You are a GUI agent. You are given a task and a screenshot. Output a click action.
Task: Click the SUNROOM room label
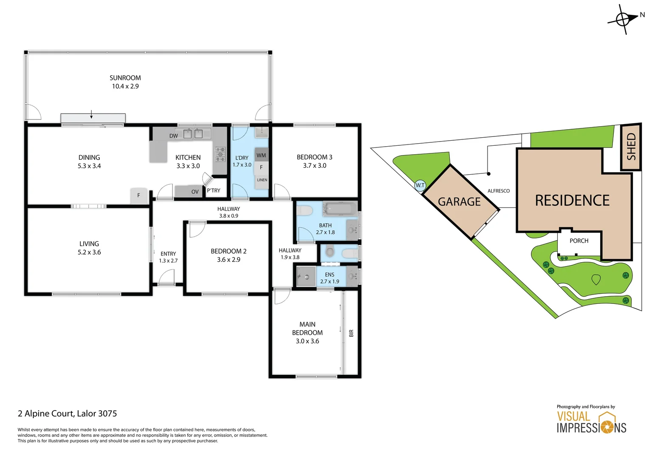coord(125,78)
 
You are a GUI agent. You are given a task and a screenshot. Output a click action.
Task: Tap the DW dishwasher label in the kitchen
coord(173,136)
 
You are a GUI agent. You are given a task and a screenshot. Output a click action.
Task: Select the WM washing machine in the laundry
coord(261,155)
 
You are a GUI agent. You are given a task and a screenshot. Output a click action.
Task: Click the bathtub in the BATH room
coord(340,209)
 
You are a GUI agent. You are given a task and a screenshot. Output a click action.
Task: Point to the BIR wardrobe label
coord(351,333)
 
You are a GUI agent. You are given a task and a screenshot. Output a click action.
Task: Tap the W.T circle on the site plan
coord(420,185)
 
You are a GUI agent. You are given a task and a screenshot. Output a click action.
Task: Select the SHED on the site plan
coord(631,147)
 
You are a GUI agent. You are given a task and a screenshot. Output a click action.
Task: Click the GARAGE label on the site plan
coord(459,201)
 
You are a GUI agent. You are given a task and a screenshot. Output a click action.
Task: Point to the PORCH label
coord(579,241)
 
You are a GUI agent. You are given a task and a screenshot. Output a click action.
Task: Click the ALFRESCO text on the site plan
coord(498,191)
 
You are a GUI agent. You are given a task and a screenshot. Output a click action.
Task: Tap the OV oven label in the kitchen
coord(195,192)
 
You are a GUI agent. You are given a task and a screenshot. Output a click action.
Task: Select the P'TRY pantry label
coord(214,190)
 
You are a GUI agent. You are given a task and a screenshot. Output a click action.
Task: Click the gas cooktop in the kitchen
coord(220,154)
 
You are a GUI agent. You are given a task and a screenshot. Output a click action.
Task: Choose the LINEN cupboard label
coord(262,180)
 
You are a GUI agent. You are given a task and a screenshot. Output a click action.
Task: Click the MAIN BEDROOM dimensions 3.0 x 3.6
coord(307,341)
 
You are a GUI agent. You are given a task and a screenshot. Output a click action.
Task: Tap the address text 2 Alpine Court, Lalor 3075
coord(67,414)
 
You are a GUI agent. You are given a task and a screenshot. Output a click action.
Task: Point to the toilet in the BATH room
coord(305,210)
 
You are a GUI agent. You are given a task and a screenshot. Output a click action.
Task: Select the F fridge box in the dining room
coord(138,195)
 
